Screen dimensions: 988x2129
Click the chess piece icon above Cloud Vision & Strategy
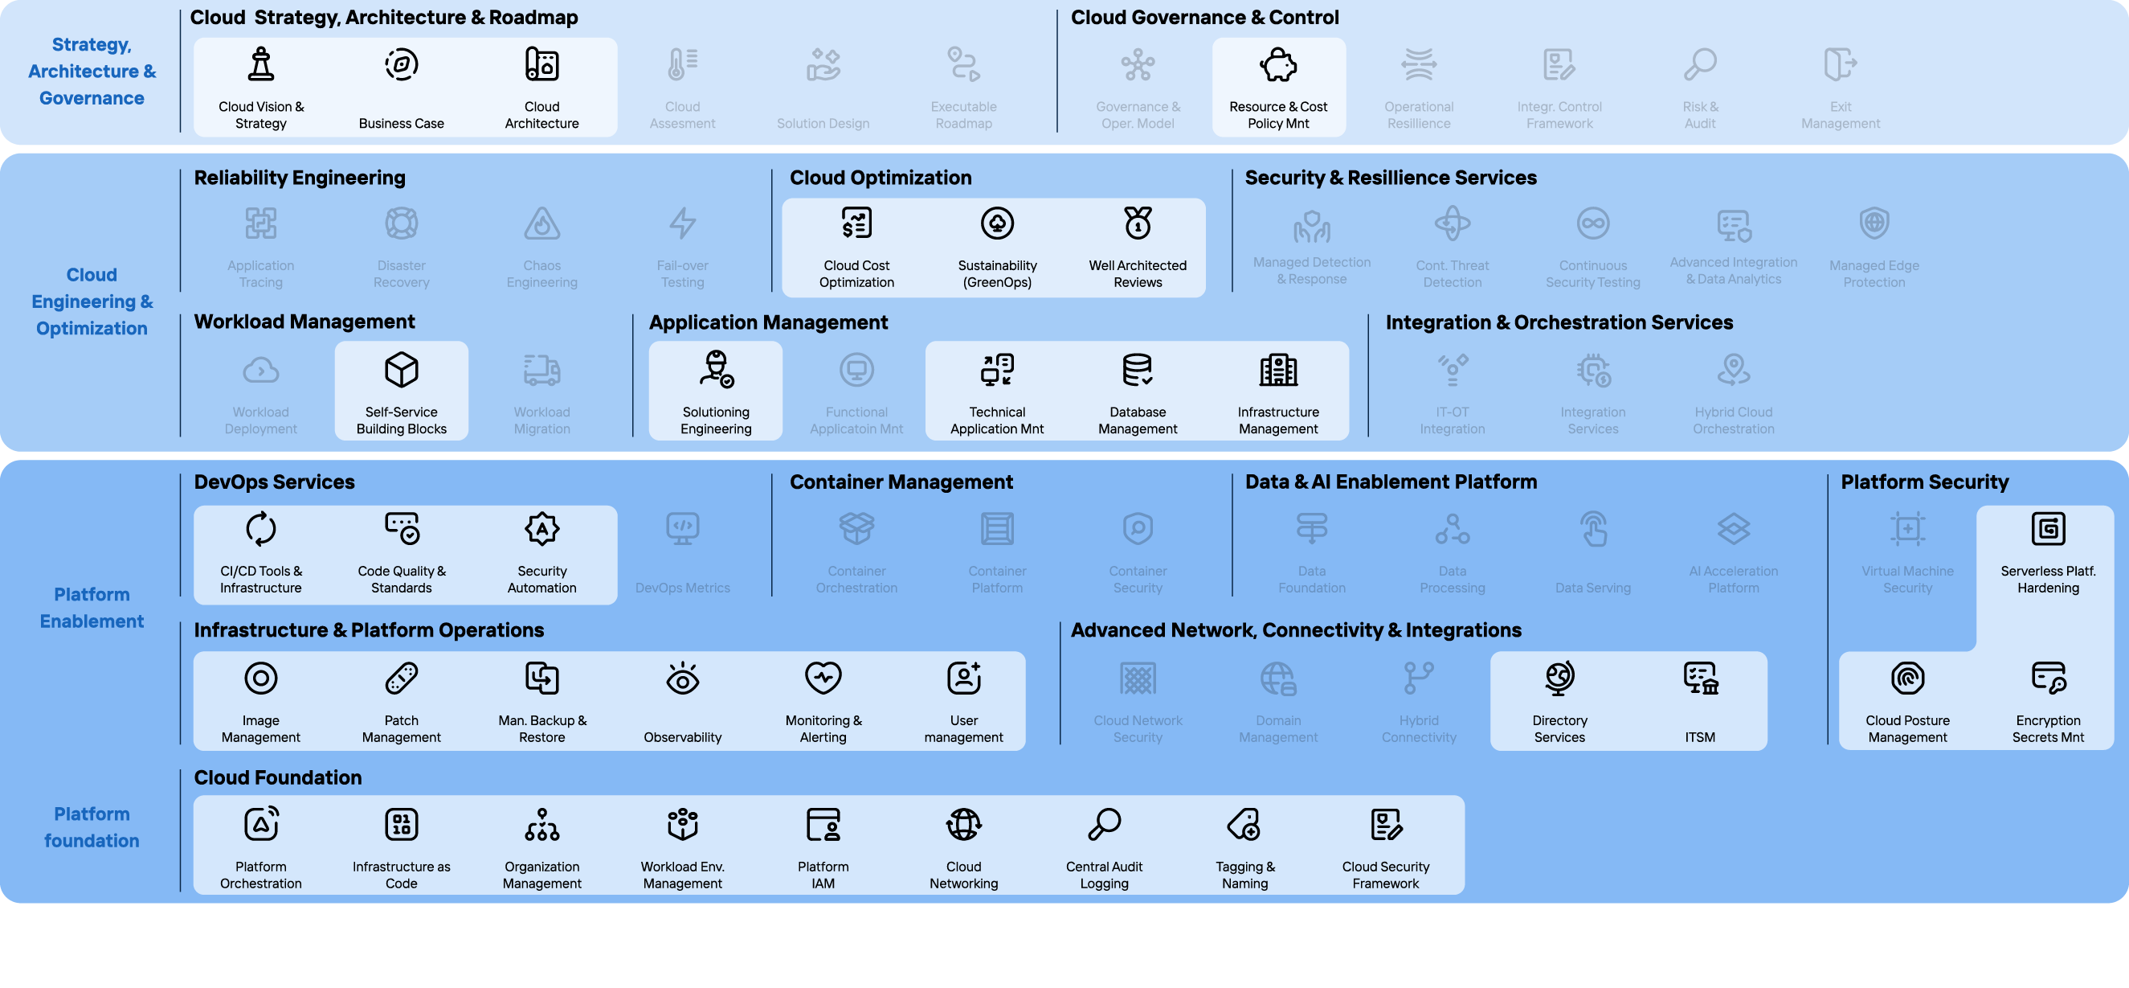point(261,64)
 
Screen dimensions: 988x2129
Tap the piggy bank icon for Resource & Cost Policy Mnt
point(1277,64)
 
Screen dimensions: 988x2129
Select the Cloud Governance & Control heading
point(1204,18)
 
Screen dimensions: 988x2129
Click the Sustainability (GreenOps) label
point(997,273)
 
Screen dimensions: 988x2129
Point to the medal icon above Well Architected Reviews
point(1138,223)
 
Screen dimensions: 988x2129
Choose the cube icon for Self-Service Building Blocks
point(402,370)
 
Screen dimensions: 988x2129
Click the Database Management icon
point(1138,370)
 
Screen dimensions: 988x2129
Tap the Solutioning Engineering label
point(716,420)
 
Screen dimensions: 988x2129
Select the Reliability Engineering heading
point(299,178)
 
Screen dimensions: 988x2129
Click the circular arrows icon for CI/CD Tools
point(261,528)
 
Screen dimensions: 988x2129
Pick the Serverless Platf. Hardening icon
point(2047,528)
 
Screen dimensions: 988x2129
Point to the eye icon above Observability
point(683,678)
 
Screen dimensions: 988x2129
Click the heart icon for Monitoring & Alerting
point(823,678)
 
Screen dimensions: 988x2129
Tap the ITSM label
point(1699,736)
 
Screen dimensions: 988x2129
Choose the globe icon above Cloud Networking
point(963,824)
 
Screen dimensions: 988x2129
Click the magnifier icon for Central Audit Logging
point(1104,824)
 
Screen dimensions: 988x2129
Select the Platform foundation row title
point(92,826)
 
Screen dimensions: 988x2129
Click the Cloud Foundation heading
point(278,777)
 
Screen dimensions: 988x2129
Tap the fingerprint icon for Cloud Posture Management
point(1906,678)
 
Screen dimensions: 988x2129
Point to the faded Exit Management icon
point(1840,64)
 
